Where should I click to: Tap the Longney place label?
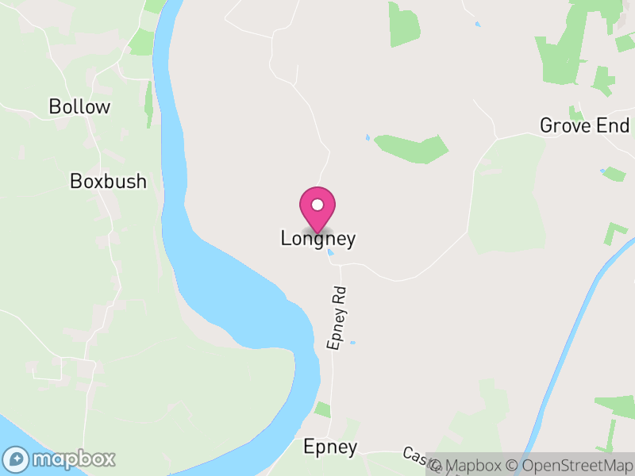[x=317, y=239]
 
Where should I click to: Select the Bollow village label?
[x=79, y=107]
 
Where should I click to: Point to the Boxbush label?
[x=108, y=182]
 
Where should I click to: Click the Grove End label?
[x=584, y=125]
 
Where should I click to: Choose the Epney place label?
[x=330, y=447]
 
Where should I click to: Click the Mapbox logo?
[x=60, y=459]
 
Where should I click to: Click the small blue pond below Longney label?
[x=329, y=253]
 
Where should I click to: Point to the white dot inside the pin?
[x=317, y=205]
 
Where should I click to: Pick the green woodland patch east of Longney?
[x=411, y=148]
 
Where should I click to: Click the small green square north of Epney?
[x=322, y=409]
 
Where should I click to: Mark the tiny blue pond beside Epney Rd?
[x=352, y=344]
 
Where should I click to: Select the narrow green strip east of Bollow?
[x=148, y=103]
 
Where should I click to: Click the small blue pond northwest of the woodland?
[x=367, y=138]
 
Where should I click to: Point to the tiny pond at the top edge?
[x=477, y=25]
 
